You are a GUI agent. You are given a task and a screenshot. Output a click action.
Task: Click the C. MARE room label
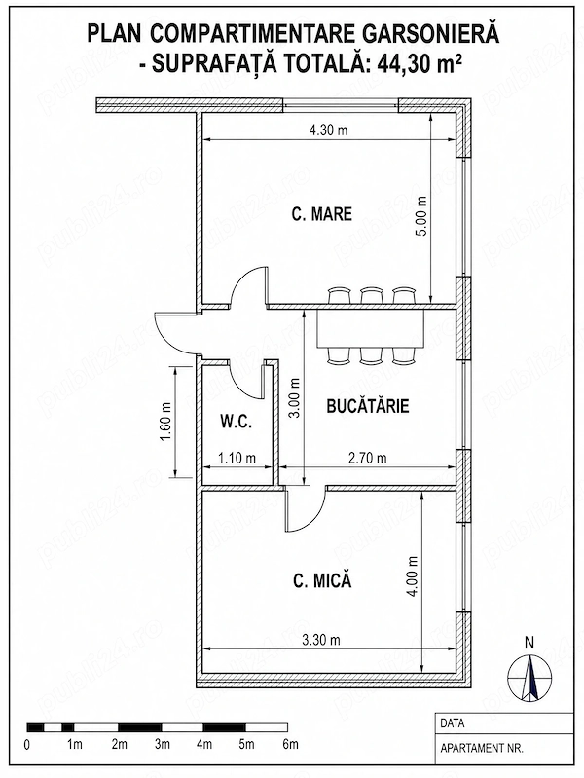pyautogui.click(x=322, y=214)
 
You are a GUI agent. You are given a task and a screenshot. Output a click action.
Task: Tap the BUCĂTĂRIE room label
pyautogui.click(x=368, y=406)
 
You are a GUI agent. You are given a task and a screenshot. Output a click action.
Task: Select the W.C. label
pyautogui.click(x=237, y=423)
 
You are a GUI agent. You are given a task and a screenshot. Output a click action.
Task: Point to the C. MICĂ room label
pyautogui.click(x=322, y=580)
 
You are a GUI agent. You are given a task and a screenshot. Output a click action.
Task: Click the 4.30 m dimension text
pyautogui.click(x=328, y=130)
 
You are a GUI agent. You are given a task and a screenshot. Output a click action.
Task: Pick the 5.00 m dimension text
pyautogui.click(x=422, y=217)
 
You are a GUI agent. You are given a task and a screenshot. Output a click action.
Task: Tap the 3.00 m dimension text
pyautogui.click(x=295, y=398)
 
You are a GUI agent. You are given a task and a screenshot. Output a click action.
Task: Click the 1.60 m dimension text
pyautogui.click(x=166, y=422)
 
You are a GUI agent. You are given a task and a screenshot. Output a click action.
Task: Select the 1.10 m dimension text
pyautogui.click(x=237, y=458)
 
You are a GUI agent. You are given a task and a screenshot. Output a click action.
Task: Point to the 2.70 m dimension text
pyautogui.click(x=367, y=458)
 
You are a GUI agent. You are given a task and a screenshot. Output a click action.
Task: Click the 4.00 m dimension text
pyautogui.click(x=413, y=576)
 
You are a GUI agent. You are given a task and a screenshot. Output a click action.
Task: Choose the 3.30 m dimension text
pyautogui.click(x=321, y=640)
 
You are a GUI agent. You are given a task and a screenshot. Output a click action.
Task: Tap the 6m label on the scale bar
pyautogui.click(x=290, y=744)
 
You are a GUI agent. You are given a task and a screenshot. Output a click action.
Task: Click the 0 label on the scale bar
pyautogui.click(x=27, y=745)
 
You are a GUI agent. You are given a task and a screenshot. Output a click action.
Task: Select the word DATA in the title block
pyautogui.click(x=452, y=723)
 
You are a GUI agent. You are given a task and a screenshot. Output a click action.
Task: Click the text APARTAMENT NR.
pyautogui.click(x=481, y=748)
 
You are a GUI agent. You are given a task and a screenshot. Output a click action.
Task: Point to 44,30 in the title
pyautogui.click(x=400, y=62)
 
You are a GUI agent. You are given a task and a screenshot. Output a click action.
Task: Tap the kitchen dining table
pyautogui.click(x=371, y=327)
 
